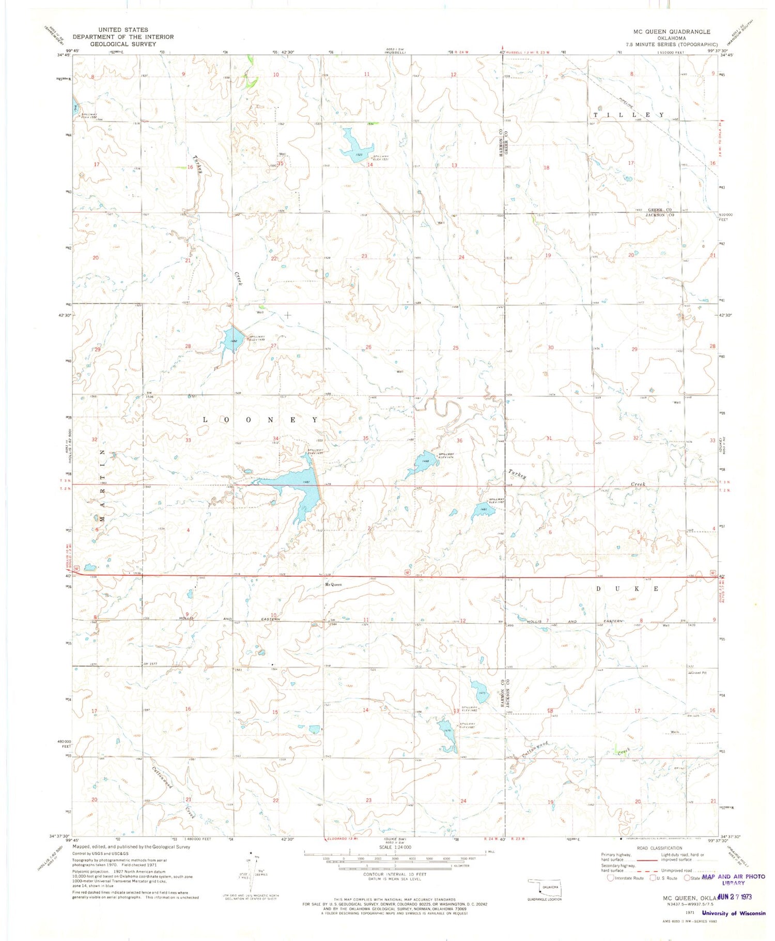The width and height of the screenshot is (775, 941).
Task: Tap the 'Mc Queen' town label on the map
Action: pos(333,584)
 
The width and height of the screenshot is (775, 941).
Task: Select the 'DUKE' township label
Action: pos(628,589)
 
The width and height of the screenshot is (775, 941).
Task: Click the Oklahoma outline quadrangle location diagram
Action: pos(545,887)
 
